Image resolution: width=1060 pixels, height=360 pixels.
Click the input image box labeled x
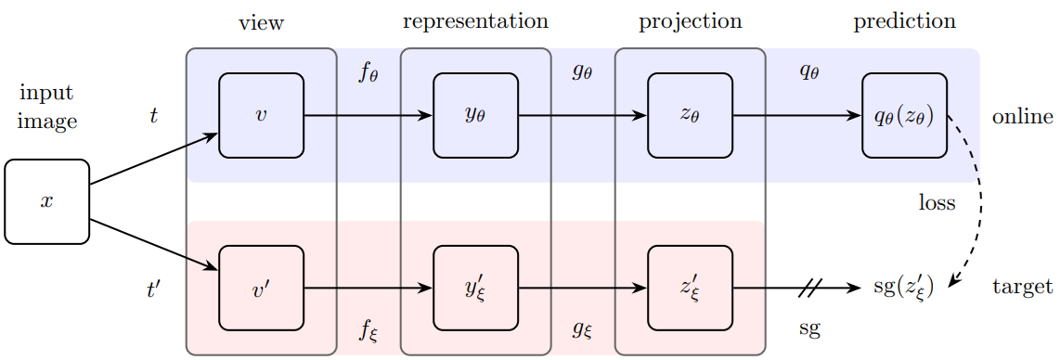click(x=46, y=201)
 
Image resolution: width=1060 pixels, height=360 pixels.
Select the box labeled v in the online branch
click(x=261, y=116)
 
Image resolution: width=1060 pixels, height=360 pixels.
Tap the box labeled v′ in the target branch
click(x=261, y=288)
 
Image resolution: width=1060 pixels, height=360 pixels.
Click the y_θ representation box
click(x=475, y=116)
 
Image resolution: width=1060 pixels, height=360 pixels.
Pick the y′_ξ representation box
click(x=475, y=288)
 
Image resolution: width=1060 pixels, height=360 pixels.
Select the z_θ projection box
click(x=690, y=116)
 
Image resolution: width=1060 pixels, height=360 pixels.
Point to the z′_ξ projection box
click(x=690, y=288)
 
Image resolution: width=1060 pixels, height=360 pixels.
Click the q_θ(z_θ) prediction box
click(x=904, y=116)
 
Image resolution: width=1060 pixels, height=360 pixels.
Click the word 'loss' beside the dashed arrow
click(x=937, y=203)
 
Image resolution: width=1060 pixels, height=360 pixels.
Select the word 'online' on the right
click(x=1022, y=117)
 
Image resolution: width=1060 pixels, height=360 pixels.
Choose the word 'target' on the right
click(x=1023, y=288)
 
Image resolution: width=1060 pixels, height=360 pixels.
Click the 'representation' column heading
click(x=475, y=21)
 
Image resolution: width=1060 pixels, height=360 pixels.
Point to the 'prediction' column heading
click(x=904, y=21)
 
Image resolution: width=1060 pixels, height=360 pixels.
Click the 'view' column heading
click(x=261, y=22)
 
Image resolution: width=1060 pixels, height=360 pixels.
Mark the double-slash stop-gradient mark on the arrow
click(x=809, y=288)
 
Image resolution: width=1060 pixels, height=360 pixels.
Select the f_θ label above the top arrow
click(x=368, y=72)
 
